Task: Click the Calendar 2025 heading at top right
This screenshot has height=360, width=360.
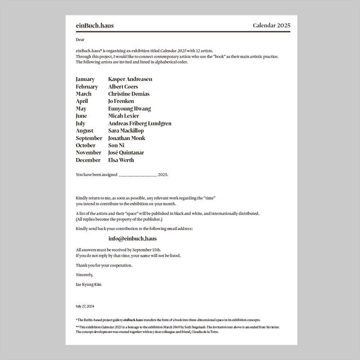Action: [x=272, y=26]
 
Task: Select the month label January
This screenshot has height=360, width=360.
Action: [x=85, y=79]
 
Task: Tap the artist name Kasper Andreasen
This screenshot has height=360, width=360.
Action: [x=130, y=79]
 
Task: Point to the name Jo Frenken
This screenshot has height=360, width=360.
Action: [x=121, y=101]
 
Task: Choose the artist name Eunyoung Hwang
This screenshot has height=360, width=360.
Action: [x=129, y=109]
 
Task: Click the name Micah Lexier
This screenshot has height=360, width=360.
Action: [x=123, y=116]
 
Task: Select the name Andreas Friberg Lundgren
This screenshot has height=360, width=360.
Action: [x=139, y=123]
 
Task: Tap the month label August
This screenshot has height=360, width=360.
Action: [x=84, y=130]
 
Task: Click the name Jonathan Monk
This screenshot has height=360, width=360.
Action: [x=127, y=138]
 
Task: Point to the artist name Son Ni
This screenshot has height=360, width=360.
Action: [x=116, y=145]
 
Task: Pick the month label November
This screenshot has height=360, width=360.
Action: [x=88, y=152]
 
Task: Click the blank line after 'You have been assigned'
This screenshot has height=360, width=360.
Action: [x=138, y=175]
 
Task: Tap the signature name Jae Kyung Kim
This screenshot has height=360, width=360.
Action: [x=88, y=285]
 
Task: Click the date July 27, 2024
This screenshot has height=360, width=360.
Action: [x=84, y=307]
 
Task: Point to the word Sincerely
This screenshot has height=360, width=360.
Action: [x=84, y=274]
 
